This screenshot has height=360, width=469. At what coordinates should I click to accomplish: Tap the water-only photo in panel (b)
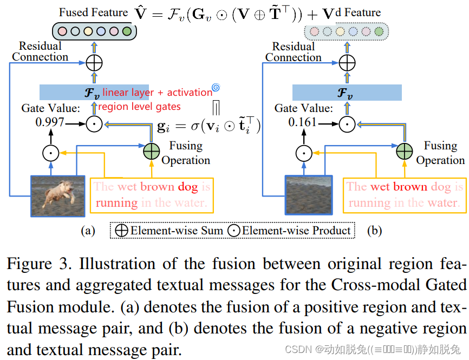pyautogui.click(x=308, y=195)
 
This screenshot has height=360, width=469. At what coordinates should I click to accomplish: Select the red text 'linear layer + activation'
pyautogui.click(x=157, y=93)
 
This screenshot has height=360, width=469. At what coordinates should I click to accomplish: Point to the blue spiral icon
pyautogui.click(x=216, y=87)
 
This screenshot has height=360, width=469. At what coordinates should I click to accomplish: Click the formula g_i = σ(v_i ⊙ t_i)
pyautogui.click(x=209, y=127)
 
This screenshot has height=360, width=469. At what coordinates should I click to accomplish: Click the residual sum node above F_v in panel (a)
pyautogui.click(x=94, y=63)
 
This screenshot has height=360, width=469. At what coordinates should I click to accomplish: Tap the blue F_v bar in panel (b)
pyautogui.click(x=347, y=93)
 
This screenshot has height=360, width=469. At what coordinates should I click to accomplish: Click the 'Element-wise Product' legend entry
pyautogui.click(x=289, y=231)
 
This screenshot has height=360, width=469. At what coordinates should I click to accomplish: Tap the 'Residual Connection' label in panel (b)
pyautogui.click(x=293, y=52)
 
